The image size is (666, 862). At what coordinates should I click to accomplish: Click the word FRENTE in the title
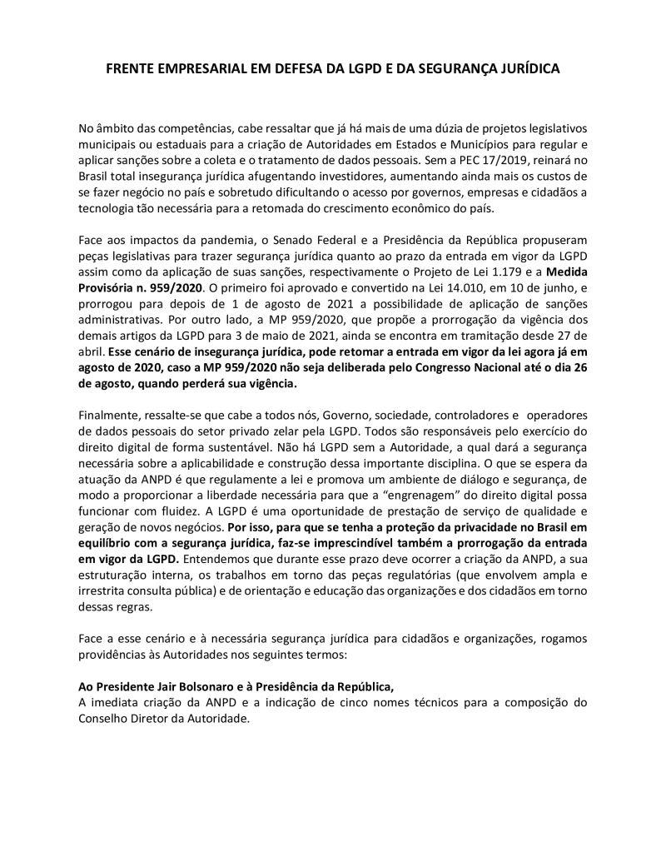[x=131, y=72]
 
